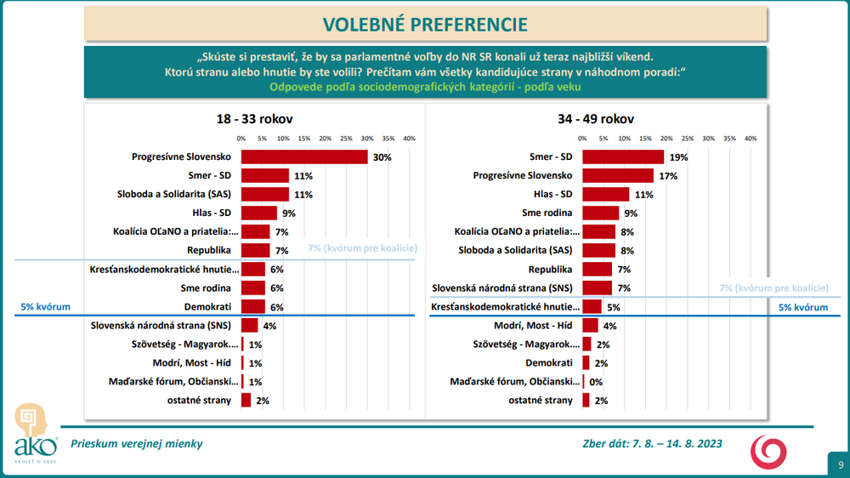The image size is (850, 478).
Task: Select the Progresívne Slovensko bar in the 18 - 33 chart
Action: click(304, 157)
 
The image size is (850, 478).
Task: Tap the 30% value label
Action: click(382, 157)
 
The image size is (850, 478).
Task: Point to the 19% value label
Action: click(677, 157)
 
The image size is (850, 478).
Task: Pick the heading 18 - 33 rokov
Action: click(256, 120)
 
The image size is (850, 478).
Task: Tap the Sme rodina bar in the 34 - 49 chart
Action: click(601, 213)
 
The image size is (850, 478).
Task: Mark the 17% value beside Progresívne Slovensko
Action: click(667, 176)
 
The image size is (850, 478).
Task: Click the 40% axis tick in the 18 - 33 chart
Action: click(408, 138)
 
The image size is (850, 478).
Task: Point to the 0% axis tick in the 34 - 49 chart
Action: click(582, 138)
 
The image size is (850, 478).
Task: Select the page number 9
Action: click(840, 464)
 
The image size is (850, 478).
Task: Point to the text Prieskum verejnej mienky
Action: click(137, 444)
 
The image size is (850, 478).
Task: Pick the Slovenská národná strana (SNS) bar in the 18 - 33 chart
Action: click(250, 325)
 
